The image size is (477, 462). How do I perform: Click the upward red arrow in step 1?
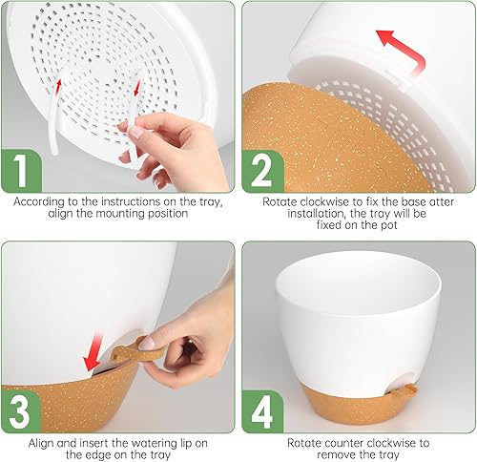pyautogui.click(x=59, y=86)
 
